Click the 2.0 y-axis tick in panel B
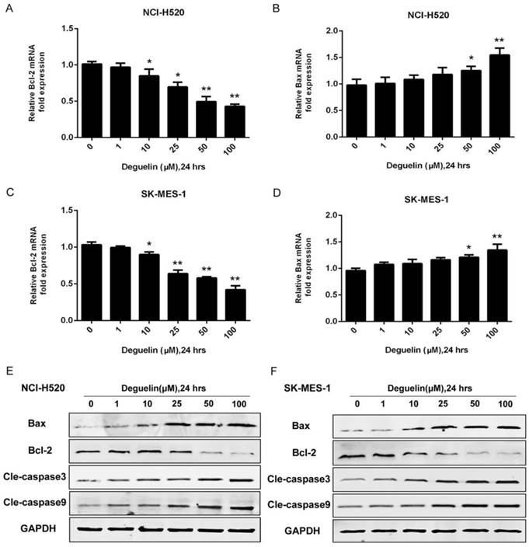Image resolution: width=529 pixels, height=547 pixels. (314, 31)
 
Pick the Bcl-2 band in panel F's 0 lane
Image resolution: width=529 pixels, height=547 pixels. (354, 456)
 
